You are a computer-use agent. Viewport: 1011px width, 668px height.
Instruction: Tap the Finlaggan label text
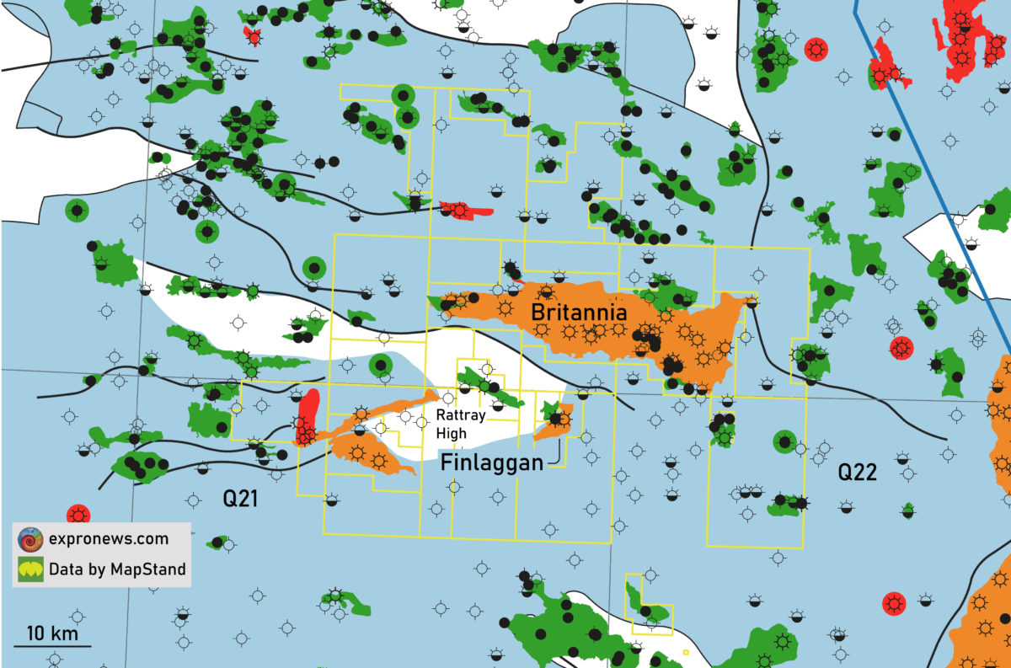coord(492,462)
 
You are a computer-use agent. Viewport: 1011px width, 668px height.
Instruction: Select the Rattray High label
coord(457,424)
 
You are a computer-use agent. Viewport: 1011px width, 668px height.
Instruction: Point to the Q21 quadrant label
coord(240,500)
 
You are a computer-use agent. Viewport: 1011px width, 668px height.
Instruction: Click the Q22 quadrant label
coord(857,473)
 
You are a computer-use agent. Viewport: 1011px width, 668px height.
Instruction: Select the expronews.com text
coord(108,539)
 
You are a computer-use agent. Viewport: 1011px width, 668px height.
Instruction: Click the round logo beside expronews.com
coord(30,539)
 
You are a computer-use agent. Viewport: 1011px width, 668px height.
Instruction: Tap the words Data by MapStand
coord(117,570)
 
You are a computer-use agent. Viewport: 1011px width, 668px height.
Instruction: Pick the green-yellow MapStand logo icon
coord(30,570)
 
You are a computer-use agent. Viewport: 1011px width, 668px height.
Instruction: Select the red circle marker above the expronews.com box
coord(78,514)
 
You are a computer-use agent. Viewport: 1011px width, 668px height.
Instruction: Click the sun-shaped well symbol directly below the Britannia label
coord(569,332)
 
